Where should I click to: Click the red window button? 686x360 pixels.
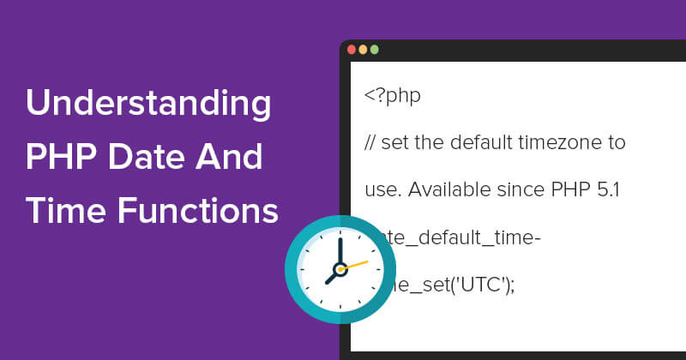352,50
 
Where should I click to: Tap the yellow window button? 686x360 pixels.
363,50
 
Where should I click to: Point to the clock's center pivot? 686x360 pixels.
340,270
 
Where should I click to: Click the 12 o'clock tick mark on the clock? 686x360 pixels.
340,232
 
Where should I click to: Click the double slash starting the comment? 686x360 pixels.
371,141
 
